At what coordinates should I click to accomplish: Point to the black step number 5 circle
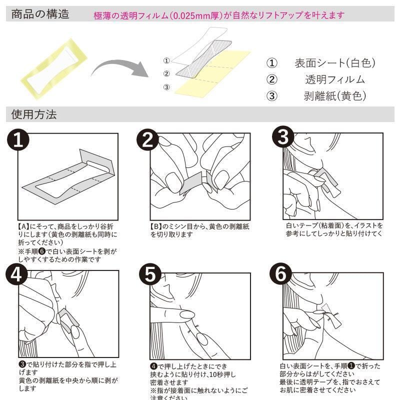click(x=149, y=274)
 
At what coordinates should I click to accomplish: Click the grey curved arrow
click(x=120, y=67)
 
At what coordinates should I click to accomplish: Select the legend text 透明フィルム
click(x=334, y=79)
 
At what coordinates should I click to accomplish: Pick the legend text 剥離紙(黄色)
click(x=334, y=95)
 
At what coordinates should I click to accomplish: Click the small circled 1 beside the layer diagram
click(x=167, y=60)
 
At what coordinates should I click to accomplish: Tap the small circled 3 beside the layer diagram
click(x=167, y=86)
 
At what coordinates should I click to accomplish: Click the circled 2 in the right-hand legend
click(x=271, y=79)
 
